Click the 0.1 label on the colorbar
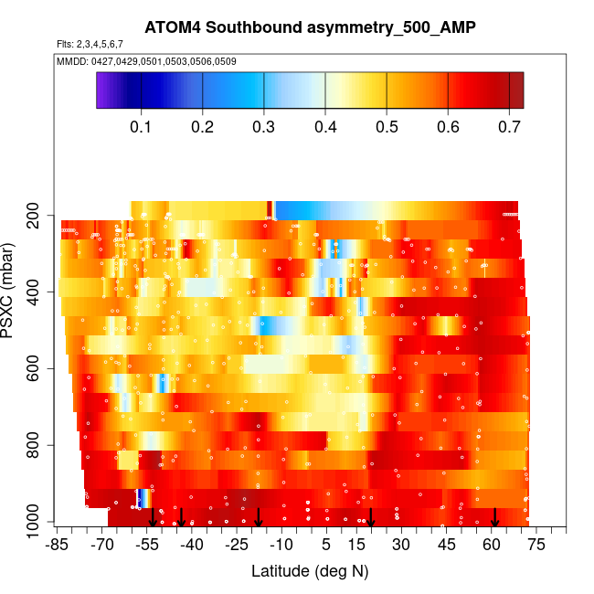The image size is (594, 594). click(x=141, y=125)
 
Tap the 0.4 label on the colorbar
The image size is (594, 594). click(x=325, y=125)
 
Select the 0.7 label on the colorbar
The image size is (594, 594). click(x=509, y=125)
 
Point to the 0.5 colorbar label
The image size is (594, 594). click(x=387, y=125)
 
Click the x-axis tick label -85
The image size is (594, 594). click(x=58, y=546)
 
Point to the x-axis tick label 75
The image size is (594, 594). click(x=536, y=546)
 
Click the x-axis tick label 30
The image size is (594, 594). click(x=401, y=546)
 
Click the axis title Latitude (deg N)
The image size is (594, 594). click(x=310, y=571)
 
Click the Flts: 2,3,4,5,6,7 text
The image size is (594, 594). click(x=90, y=44)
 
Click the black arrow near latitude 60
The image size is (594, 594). click(x=495, y=517)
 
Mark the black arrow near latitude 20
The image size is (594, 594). click(x=372, y=517)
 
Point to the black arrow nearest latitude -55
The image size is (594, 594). click(x=153, y=517)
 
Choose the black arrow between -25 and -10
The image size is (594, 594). click(x=259, y=517)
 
